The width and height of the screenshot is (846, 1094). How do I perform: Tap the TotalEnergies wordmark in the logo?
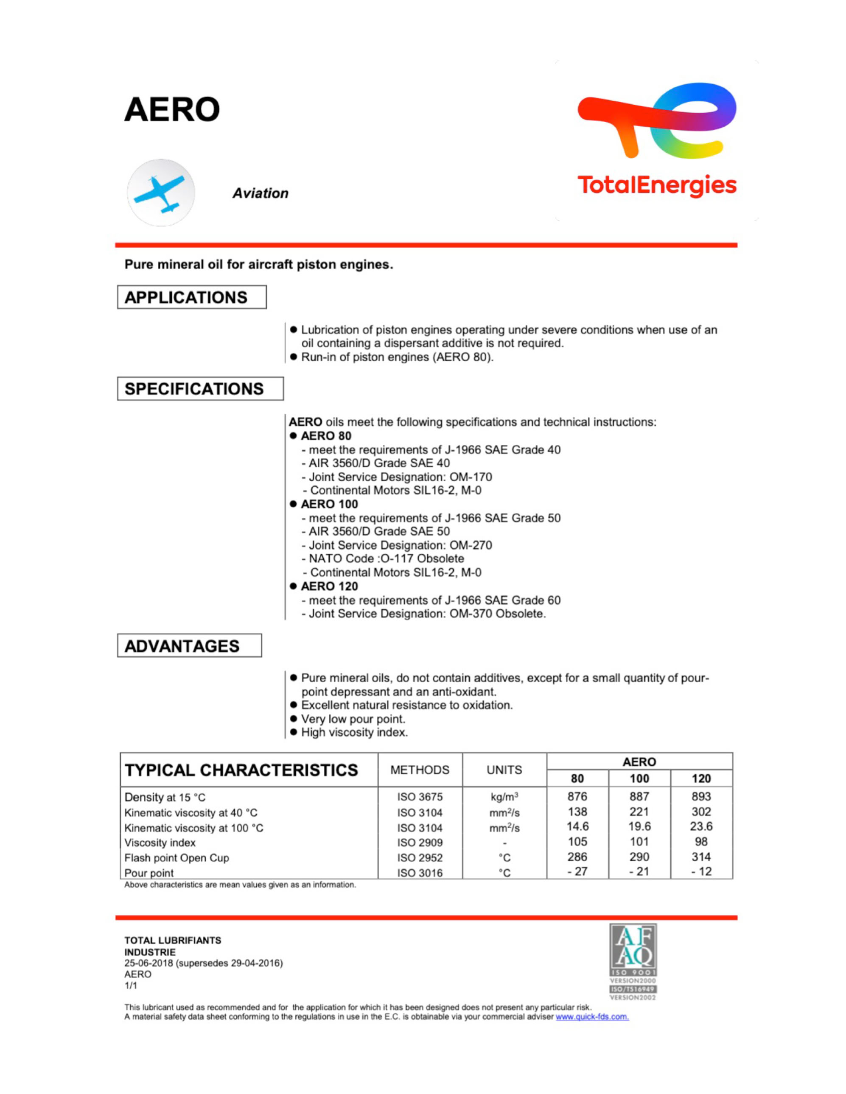click(x=656, y=185)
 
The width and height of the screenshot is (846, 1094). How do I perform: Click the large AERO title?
click(x=172, y=110)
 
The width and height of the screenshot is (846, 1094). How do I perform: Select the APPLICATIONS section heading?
click(x=186, y=298)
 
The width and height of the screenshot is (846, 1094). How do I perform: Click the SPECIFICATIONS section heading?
click(x=194, y=389)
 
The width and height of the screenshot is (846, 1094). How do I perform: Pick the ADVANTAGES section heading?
click(x=182, y=646)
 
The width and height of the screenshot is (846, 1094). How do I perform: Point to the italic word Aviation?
click(x=260, y=193)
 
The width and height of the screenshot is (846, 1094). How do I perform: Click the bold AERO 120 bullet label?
click(x=329, y=586)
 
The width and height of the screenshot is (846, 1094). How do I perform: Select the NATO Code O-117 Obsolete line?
click(x=386, y=559)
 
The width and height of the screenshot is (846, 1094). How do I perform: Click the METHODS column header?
click(x=420, y=770)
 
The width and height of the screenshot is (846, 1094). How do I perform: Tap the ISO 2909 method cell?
click(x=420, y=843)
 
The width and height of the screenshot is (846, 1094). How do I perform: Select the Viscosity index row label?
click(x=160, y=843)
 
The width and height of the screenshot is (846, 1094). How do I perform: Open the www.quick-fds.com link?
click(x=592, y=1017)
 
